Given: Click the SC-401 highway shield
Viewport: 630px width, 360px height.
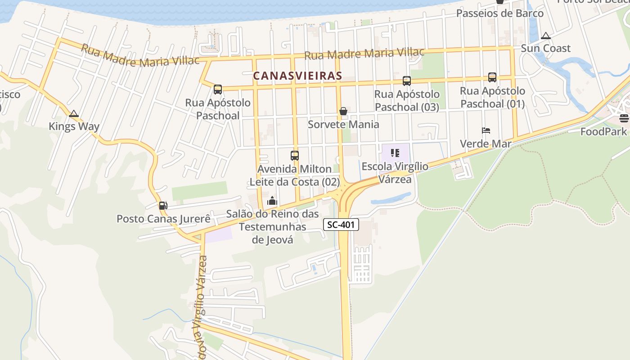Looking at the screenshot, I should (341, 225).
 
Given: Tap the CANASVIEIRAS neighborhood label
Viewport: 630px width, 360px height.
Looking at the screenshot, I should (297, 76).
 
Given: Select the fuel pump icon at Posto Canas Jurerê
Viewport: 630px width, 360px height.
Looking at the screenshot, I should (162, 206).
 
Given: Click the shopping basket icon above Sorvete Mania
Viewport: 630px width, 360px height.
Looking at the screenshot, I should (343, 111).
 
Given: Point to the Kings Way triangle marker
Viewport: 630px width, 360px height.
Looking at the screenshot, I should (74, 114).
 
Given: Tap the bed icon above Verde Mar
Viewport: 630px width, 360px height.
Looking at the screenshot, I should (486, 131).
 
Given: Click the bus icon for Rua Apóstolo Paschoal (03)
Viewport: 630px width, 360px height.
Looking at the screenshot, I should (407, 81).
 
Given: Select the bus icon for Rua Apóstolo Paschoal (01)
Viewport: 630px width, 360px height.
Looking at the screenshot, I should (492, 77).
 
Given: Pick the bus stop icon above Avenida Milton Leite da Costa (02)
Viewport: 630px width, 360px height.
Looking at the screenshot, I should (295, 156).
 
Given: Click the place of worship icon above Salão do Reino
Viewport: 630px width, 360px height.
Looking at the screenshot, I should (272, 201).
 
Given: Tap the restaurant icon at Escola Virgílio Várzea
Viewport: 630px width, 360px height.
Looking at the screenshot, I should (395, 153).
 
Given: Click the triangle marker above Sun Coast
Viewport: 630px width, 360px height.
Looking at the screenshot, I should (546, 36).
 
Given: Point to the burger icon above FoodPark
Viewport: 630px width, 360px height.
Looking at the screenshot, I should (624, 118).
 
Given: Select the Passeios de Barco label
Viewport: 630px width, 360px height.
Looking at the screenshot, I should (500, 13).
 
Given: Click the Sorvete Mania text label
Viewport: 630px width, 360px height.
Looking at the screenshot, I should (343, 124).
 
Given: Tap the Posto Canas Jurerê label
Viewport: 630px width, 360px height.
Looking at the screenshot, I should (164, 219).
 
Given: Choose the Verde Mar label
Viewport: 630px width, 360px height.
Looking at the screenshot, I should (486, 144).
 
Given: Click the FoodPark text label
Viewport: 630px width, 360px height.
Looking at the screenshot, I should (603, 132).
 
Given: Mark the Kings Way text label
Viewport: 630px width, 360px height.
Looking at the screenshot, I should (74, 126).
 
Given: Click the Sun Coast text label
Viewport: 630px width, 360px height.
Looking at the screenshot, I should (545, 48).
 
